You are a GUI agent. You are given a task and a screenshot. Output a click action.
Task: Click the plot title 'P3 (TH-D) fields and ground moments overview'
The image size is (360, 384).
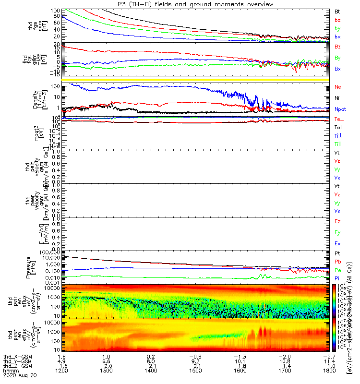pos(180,4)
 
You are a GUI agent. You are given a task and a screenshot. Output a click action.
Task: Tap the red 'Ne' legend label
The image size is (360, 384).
pos(337,87)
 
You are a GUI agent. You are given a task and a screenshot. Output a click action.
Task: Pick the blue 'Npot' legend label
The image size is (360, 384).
pos(339,109)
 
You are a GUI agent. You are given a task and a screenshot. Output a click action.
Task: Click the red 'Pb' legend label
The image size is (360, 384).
pos(337,262)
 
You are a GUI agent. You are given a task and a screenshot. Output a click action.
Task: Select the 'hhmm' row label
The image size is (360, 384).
pos(10,372)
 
